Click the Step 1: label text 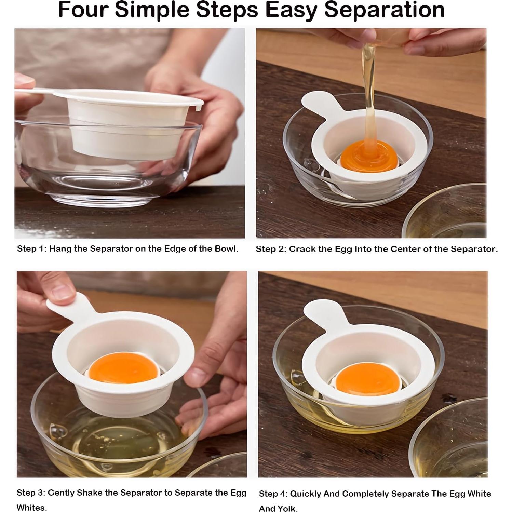31,249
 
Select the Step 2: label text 271,249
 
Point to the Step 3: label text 31,493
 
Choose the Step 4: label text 274,494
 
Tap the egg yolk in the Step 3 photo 124,368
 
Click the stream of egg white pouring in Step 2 369,85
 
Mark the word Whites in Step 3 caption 31,508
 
